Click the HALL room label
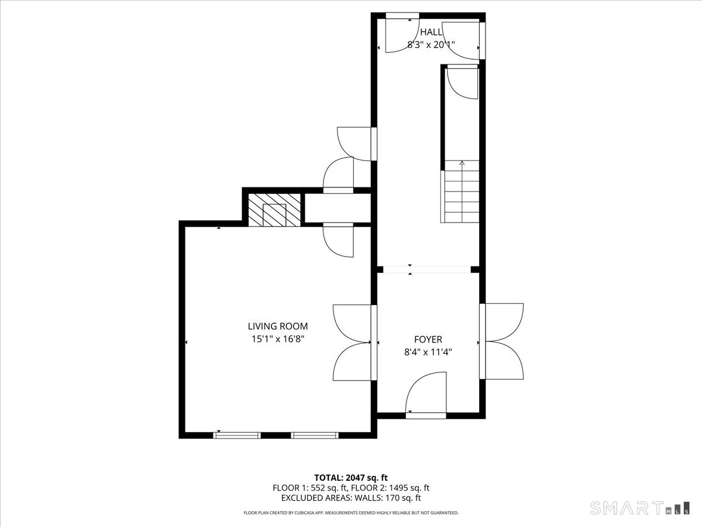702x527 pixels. tap(431, 32)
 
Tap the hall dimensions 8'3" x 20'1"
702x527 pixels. tap(431, 45)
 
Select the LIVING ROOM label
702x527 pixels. tap(278, 326)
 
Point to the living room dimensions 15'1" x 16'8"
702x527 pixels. tap(278, 339)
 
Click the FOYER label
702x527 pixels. tap(428, 339)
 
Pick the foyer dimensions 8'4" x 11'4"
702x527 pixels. tap(428, 353)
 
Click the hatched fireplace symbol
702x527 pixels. tap(274, 210)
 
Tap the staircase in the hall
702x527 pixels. tap(460, 191)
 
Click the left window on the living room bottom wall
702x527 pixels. tap(237, 435)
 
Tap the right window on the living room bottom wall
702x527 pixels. tap(315, 435)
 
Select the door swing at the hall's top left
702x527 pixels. tap(402, 36)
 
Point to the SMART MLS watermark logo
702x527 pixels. tap(639, 508)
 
